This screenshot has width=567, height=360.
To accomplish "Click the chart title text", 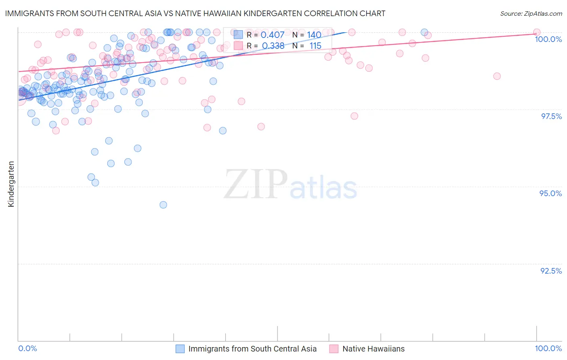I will click(x=195, y=13).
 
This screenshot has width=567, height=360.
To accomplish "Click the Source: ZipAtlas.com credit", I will click(x=531, y=13).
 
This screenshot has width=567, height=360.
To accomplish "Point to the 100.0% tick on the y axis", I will click(x=548, y=39).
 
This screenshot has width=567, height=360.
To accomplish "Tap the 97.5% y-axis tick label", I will click(x=551, y=116).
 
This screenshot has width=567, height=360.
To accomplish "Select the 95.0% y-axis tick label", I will click(x=550, y=193).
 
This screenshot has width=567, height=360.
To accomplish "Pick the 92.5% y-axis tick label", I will click(x=551, y=271).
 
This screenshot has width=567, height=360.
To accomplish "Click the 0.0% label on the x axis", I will click(x=27, y=348).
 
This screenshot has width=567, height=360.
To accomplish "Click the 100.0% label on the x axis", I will click(x=548, y=348).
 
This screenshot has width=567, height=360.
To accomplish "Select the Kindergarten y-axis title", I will click(x=11, y=184).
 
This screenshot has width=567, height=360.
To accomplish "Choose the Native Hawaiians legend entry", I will click(x=373, y=349).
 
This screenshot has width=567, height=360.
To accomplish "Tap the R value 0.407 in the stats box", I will click(x=273, y=35).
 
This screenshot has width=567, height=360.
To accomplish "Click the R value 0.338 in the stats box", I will click(x=273, y=46).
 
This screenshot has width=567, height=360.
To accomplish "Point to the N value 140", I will click(x=314, y=35).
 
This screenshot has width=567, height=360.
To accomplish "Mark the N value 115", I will click(x=315, y=46).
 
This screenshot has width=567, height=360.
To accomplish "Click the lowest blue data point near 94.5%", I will click(x=163, y=205).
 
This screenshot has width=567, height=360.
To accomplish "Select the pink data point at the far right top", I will click(x=537, y=32).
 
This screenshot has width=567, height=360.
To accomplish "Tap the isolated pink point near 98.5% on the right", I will click(x=497, y=76).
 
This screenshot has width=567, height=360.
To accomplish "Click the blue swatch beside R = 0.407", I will click(x=238, y=35).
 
